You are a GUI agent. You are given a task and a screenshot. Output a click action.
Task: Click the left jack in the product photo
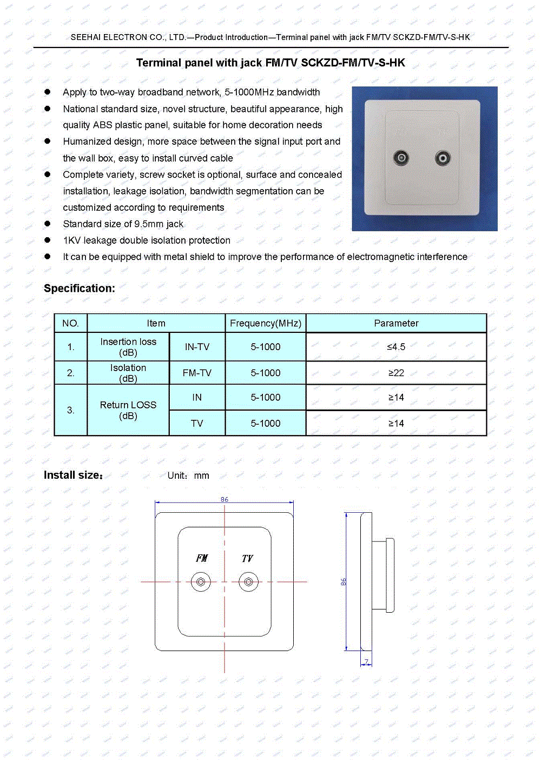[x=401, y=158]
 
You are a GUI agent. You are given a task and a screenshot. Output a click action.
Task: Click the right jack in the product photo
[x=443, y=158]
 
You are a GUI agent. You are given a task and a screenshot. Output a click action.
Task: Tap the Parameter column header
[x=396, y=323]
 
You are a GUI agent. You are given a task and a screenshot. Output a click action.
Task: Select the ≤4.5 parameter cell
[x=396, y=347]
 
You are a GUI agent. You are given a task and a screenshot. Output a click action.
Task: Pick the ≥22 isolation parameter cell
[x=396, y=373]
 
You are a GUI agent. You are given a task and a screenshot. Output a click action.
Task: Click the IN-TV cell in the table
[x=197, y=347]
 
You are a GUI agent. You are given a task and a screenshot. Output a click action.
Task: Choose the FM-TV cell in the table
[x=197, y=373]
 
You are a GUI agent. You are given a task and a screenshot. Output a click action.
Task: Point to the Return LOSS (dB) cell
[x=128, y=410]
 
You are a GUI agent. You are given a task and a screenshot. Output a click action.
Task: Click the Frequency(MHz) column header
[x=266, y=323]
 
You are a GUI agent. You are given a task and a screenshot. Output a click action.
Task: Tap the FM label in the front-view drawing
[x=202, y=558]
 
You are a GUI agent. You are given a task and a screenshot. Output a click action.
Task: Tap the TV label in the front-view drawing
[x=247, y=558]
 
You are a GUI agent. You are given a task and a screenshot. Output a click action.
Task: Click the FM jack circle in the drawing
[x=201, y=582]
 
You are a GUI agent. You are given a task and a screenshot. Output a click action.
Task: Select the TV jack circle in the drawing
[x=248, y=582]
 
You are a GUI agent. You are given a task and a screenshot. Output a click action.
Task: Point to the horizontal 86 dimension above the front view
[x=225, y=500]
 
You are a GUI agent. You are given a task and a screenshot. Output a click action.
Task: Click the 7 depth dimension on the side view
[x=367, y=662]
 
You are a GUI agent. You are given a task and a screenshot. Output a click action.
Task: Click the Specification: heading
[x=80, y=289]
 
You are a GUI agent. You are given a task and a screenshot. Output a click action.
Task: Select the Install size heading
[x=73, y=475]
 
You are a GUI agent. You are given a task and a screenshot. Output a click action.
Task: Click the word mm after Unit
[x=202, y=476]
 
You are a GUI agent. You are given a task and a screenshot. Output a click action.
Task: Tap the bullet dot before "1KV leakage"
[x=48, y=240]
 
